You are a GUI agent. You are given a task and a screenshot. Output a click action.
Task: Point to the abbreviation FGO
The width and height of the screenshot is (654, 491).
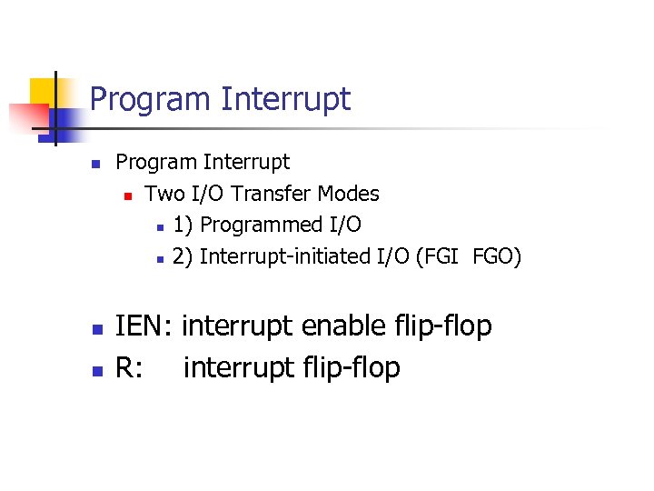[x=494, y=257]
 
